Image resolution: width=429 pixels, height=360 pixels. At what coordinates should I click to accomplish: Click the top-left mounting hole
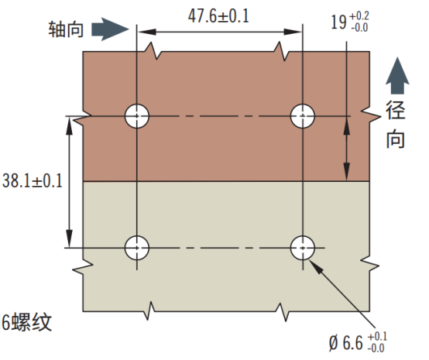[x=137, y=116]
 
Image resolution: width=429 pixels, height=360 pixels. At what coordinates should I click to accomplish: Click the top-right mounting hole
[x=303, y=116]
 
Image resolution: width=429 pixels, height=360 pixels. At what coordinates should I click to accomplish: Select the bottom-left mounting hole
[x=137, y=248]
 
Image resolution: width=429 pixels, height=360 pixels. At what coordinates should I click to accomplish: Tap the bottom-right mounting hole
[x=303, y=248]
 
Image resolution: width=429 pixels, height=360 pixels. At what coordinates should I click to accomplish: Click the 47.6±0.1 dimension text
[x=218, y=16]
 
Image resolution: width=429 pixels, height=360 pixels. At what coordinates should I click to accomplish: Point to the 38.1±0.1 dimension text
[x=33, y=181]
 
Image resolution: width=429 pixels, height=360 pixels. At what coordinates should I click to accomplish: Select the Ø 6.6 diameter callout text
[x=345, y=343]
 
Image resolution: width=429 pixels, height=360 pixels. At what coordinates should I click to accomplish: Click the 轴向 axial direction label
[x=66, y=29]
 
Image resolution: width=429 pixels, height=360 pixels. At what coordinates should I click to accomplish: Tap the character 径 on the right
[x=396, y=110]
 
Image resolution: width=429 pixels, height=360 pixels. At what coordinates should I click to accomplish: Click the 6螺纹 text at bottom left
[x=26, y=322]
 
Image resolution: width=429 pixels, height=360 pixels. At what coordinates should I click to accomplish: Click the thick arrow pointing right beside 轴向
[x=110, y=29]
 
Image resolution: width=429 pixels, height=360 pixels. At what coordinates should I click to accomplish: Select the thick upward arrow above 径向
[x=397, y=76]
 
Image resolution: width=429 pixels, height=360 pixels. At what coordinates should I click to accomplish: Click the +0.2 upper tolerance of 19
[x=359, y=15]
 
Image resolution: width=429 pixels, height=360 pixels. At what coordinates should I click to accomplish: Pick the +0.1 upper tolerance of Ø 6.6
[x=377, y=337]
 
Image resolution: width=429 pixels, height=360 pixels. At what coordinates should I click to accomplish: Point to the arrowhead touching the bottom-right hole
[x=316, y=266]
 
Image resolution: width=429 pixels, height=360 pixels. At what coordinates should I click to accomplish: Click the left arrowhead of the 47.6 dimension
[x=146, y=32]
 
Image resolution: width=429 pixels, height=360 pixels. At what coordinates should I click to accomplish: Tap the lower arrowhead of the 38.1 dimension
[x=70, y=238]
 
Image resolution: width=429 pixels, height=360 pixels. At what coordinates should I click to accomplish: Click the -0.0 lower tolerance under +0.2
[x=359, y=28]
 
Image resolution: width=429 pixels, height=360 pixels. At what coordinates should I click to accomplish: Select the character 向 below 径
[x=396, y=139]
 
